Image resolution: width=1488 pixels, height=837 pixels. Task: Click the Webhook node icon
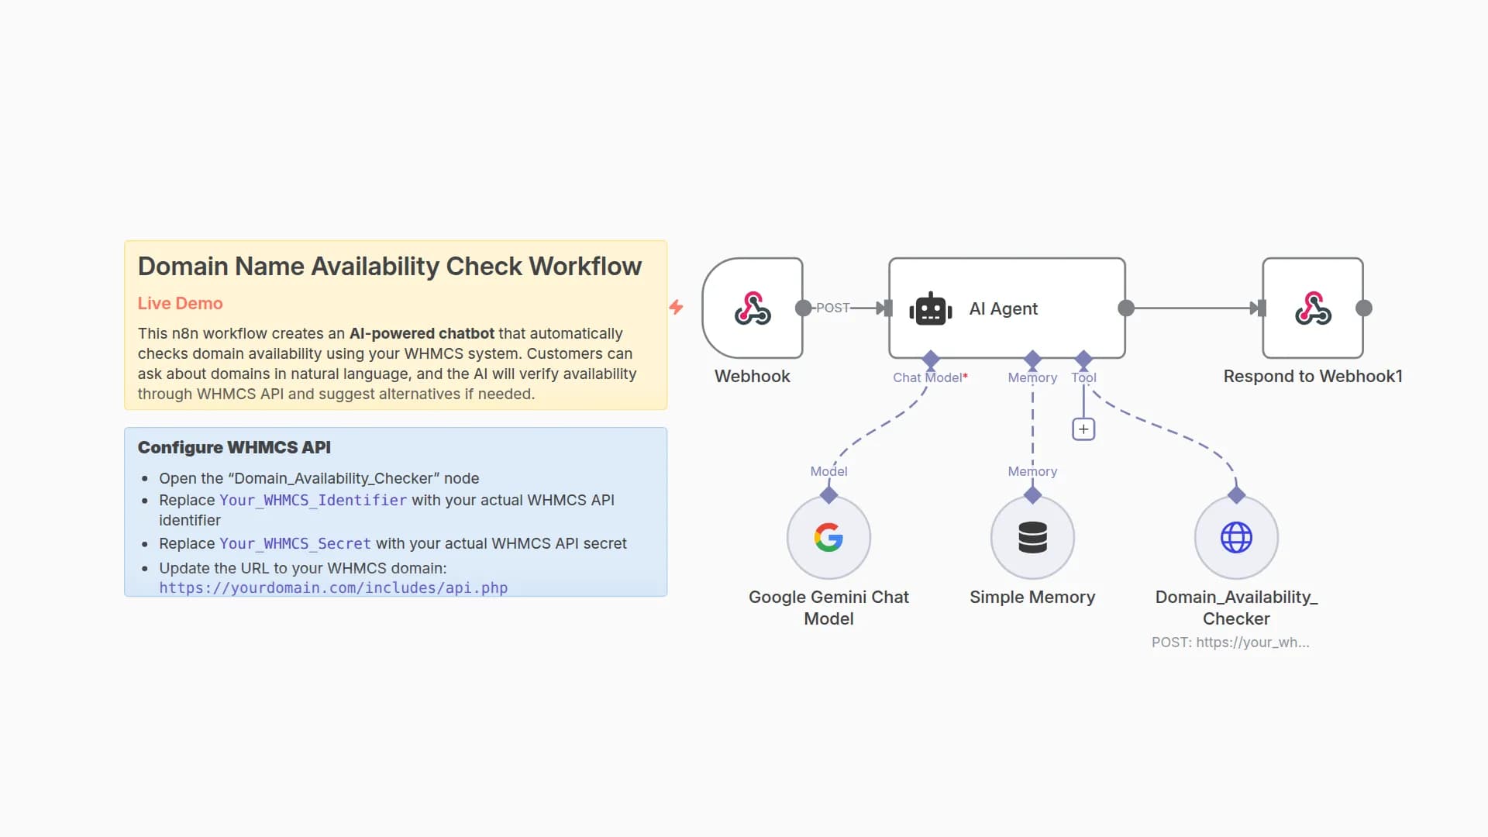point(752,308)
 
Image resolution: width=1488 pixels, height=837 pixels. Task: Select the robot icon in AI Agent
point(930,309)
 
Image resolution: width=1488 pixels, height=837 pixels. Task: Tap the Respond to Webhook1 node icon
point(1313,308)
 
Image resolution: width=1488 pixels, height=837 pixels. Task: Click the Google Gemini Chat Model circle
point(828,537)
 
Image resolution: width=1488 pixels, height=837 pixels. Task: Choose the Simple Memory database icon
point(1032,537)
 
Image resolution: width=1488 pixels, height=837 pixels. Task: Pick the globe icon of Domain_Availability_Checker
point(1236,537)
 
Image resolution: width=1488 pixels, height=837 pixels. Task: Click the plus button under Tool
point(1083,429)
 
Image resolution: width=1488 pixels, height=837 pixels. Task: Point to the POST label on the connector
point(832,308)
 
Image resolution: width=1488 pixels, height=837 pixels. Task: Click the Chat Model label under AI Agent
point(928,377)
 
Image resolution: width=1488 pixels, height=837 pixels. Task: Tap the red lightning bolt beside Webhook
point(677,307)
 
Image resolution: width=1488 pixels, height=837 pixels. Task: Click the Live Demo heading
point(180,304)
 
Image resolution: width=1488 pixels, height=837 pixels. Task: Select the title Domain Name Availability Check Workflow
point(389,267)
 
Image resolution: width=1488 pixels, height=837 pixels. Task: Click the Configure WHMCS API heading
point(234,447)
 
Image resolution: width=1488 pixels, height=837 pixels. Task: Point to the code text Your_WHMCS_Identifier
point(312,501)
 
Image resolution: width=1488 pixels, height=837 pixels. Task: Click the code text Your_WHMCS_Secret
point(294,544)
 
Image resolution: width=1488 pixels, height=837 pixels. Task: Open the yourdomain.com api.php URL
point(333,587)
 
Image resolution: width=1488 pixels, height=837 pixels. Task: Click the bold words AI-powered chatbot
point(422,333)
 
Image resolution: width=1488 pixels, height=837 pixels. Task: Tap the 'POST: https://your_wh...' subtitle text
point(1230,642)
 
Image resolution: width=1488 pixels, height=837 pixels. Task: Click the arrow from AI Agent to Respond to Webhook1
point(1193,308)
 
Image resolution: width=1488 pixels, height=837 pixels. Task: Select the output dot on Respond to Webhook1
point(1364,308)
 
